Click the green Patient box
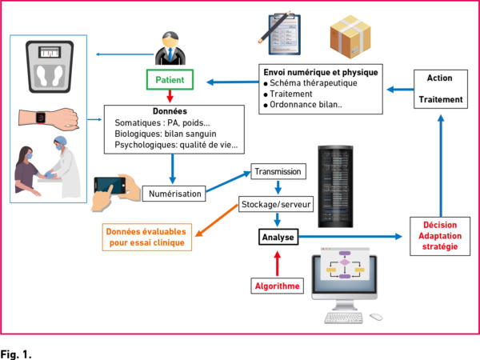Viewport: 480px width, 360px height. click(x=170, y=79)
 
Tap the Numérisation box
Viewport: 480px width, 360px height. click(x=174, y=194)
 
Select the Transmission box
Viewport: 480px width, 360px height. click(x=278, y=171)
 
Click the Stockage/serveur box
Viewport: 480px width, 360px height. click(x=276, y=204)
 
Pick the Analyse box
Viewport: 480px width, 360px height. click(x=278, y=237)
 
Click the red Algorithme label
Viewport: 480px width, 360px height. click(x=278, y=286)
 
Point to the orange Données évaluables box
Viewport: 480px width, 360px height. click(x=147, y=238)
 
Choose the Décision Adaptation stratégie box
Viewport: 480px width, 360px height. click(x=440, y=236)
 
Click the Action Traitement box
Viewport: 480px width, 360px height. click(x=441, y=89)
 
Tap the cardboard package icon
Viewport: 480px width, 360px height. click(x=350, y=36)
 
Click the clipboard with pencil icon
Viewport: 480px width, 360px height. click(x=281, y=34)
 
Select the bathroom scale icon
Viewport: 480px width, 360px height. click(x=50, y=66)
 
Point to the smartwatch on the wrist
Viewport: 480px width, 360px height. click(x=41, y=118)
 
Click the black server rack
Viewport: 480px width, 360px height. click(x=335, y=186)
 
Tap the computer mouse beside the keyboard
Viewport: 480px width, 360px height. click(x=376, y=317)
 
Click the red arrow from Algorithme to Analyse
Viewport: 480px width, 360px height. click(x=278, y=263)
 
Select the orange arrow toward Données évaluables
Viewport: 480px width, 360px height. click(x=217, y=221)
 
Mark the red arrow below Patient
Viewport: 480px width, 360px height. click(x=170, y=96)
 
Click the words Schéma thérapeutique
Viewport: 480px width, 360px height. click(x=313, y=83)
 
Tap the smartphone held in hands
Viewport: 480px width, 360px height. click(x=110, y=185)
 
